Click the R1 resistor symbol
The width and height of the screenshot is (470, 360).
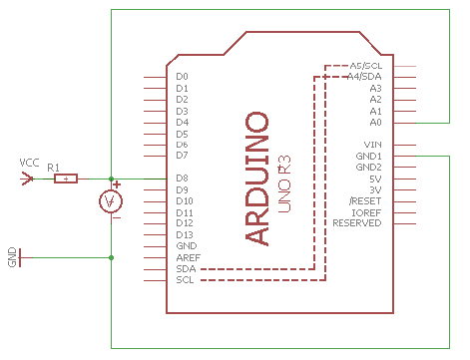[x=66, y=179]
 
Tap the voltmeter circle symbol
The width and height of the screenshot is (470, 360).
[x=111, y=201]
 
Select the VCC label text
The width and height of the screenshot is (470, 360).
[x=29, y=163]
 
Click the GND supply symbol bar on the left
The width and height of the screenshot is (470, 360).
[x=20, y=257]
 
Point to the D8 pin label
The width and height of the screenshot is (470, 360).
[x=182, y=179]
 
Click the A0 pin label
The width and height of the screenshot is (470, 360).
[x=375, y=123]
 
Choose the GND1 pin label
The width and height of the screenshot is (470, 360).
[x=368, y=156]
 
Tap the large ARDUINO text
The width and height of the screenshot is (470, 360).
[x=256, y=179]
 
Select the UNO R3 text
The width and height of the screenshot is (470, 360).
[x=284, y=183]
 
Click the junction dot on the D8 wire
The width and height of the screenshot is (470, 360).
[x=112, y=179]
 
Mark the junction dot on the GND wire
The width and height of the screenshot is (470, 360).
[x=112, y=257]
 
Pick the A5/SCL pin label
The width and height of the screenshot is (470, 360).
[x=366, y=66]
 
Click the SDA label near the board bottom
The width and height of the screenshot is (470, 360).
[x=186, y=268]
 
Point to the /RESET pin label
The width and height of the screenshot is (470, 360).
[x=365, y=201]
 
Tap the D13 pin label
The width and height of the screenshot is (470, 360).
[x=185, y=235]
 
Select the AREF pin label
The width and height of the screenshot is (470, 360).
[x=189, y=257]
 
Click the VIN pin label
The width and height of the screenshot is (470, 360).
[x=372, y=145]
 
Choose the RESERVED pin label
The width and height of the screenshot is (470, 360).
[x=357, y=223]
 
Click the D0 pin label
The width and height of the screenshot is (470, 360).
[x=182, y=77]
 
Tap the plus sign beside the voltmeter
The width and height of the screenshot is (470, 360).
[x=117, y=184]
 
